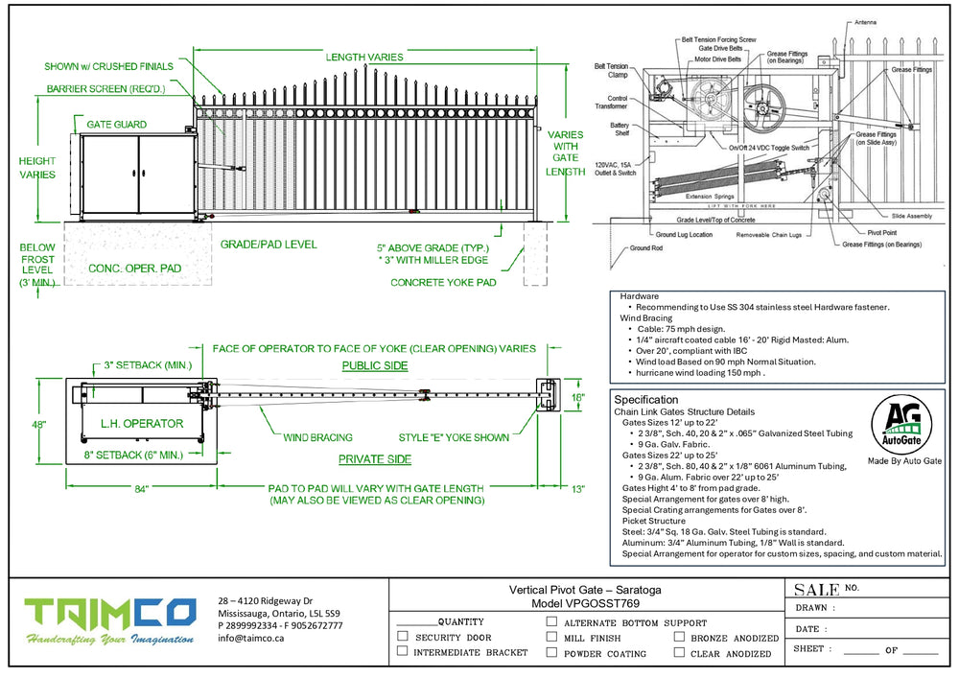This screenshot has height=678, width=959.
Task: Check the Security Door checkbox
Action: click(403, 637)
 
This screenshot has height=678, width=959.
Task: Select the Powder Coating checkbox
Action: click(551, 652)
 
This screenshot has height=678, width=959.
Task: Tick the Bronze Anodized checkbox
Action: click(679, 637)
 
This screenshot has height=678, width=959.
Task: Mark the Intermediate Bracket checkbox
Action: click(403, 652)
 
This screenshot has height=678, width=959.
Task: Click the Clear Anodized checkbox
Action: click(679, 652)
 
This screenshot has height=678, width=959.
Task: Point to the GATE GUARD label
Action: click(116, 125)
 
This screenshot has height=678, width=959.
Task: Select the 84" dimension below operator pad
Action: click(141, 490)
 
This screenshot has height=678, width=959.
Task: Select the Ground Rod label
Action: click(645, 248)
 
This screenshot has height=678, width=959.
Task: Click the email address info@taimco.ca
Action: click(250, 638)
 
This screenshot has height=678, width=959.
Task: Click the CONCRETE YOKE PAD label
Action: click(443, 282)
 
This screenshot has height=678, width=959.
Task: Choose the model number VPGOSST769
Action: click(585, 604)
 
